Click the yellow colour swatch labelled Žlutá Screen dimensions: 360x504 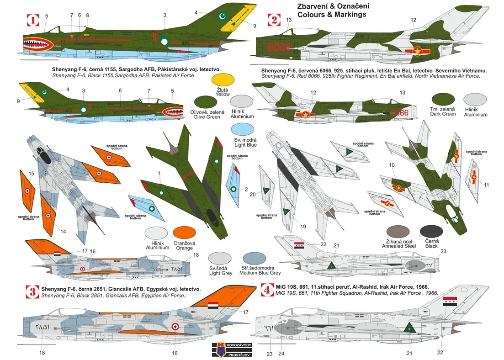(223, 79)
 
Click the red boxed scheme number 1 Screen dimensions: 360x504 (32, 20)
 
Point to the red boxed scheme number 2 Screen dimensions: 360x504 (274, 20)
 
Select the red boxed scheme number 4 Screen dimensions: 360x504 (265, 290)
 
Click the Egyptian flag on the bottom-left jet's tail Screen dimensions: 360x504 (214, 306)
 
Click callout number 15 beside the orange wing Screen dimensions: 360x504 (31, 174)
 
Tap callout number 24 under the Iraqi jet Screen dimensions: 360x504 (281, 353)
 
